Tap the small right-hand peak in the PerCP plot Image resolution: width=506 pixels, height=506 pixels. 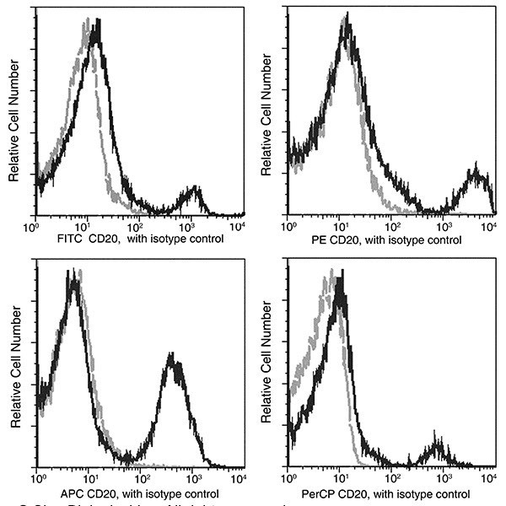coord(438,444)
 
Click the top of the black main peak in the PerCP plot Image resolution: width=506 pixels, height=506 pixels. coord(340,283)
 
